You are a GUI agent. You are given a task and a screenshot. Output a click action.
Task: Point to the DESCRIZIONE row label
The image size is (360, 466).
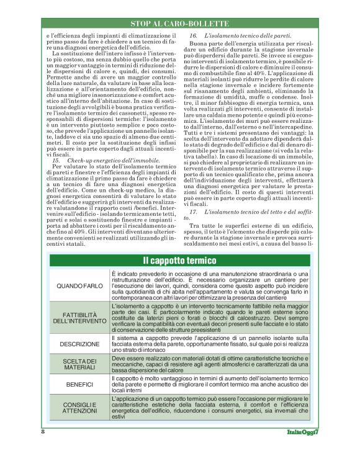click(x=79, y=344)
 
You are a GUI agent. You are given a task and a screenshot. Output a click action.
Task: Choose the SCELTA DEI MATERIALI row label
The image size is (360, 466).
click(x=79, y=364)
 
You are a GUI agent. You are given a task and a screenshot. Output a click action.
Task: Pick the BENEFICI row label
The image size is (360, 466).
click(x=79, y=385)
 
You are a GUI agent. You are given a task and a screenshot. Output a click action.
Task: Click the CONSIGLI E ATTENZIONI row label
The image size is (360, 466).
click(x=79, y=406)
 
